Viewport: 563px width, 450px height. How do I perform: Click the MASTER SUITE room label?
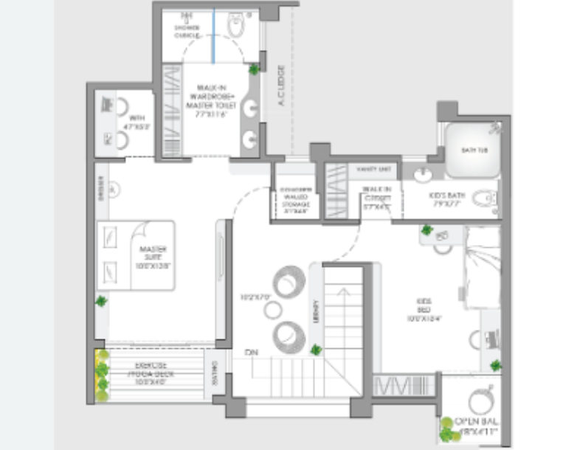[x=152, y=255]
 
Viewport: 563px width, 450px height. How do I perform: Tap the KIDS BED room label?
[x=424, y=310]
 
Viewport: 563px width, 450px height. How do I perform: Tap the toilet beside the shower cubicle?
[x=236, y=27]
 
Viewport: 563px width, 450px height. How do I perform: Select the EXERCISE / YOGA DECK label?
[x=153, y=369]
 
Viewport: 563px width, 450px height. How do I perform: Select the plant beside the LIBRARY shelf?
[x=316, y=350]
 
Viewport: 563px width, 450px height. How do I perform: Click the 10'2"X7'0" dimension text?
[x=256, y=297]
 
